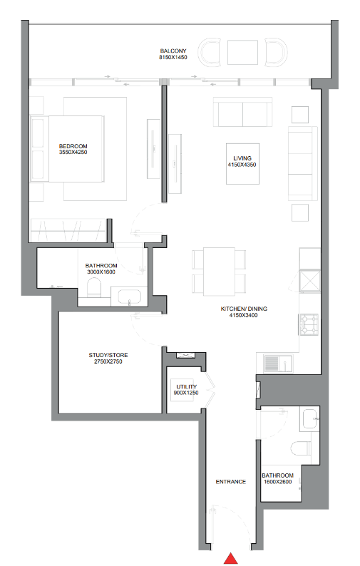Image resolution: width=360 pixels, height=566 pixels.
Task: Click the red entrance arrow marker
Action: pyautogui.click(x=231, y=558)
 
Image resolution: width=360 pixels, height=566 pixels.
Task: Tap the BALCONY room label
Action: pyautogui.click(x=173, y=51)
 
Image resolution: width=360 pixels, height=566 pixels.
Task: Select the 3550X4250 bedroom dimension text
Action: pyautogui.click(x=73, y=153)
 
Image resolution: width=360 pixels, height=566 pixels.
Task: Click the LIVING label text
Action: pyautogui.click(x=242, y=158)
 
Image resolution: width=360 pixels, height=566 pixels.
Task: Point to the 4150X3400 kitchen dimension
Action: pyautogui.click(x=244, y=315)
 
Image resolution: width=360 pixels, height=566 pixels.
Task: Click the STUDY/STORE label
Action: pyautogui.click(x=108, y=355)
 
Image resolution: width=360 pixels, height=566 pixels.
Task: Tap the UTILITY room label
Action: pyautogui.click(x=187, y=386)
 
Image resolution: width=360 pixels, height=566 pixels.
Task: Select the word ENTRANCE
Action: pyautogui.click(x=231, y=482)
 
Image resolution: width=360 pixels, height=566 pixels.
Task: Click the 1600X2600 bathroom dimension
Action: pyautogui.click(x=278, y=482)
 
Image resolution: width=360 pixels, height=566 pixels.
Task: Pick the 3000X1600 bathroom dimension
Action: pyautogui.click(x=101, y=272)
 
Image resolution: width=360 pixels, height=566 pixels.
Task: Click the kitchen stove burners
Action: pyautogui.click(x=309, y=324)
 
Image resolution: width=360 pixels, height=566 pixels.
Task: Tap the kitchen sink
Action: pyautogui.click(x=279, y=364)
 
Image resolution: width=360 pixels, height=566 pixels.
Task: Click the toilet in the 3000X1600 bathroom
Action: pyautogui.click(x=94, y=288)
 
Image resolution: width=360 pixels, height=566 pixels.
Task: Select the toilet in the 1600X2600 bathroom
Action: pyautogui.click(x=301, y=448)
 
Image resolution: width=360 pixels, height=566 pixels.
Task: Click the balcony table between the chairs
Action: pyautogui.click(x=242, y=52)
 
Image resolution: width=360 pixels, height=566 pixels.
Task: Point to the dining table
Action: pyautogui.click(x=219, y=272)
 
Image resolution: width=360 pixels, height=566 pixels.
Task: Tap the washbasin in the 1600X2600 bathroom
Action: pyautogui.click(x=310, y=418)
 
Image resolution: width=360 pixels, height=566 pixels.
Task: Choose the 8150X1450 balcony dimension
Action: pyautogui.click(x=173, y=57)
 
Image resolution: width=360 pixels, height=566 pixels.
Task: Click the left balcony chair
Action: pyautogui.click(x=210, y=52)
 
